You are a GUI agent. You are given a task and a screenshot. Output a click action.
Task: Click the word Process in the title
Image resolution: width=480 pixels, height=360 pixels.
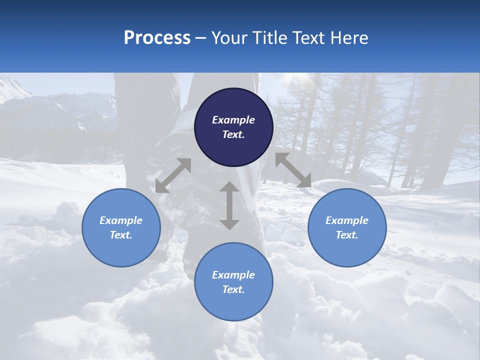pyautogui.click(x=157, y=38)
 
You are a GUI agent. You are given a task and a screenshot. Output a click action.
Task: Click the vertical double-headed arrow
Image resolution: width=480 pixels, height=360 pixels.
pyautogui.click(x=229, y=205)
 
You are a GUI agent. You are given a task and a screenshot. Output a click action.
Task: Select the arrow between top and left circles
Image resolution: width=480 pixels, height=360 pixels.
pyautogui.click(x=173, y=175)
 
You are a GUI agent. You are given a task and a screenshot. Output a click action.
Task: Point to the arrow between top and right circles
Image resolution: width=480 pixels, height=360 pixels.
pyautogui.click(x=293, y=170)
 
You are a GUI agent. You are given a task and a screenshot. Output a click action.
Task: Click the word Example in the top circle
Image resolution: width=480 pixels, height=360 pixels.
pyautogui.click(x=233, y=120)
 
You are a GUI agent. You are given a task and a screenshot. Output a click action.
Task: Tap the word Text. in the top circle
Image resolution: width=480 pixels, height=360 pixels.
pyautogui.click(x=233, y=134)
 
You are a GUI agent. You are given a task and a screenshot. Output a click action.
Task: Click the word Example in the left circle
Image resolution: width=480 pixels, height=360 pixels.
pyautogui.click(x=121, y=220)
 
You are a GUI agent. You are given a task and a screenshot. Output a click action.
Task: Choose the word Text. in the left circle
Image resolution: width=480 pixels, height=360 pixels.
pyautogui.click(x=121, y=235)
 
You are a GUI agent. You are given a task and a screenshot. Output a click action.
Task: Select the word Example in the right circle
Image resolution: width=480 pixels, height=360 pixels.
pyautogui.click(x=347, y=220)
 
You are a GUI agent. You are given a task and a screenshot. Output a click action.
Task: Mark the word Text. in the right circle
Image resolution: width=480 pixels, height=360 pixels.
pyautogui.click(x=347, y=235)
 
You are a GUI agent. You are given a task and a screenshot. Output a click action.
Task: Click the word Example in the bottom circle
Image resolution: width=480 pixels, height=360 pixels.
pyautogui.click(x=233, y=275)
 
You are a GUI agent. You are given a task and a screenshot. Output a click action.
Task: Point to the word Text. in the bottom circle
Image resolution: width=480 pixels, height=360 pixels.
pyautogui.click(x=233, y=289)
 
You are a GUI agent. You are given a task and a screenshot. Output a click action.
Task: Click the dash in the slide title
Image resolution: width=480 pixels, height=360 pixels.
pyautogui.click(x=200, y=38)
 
